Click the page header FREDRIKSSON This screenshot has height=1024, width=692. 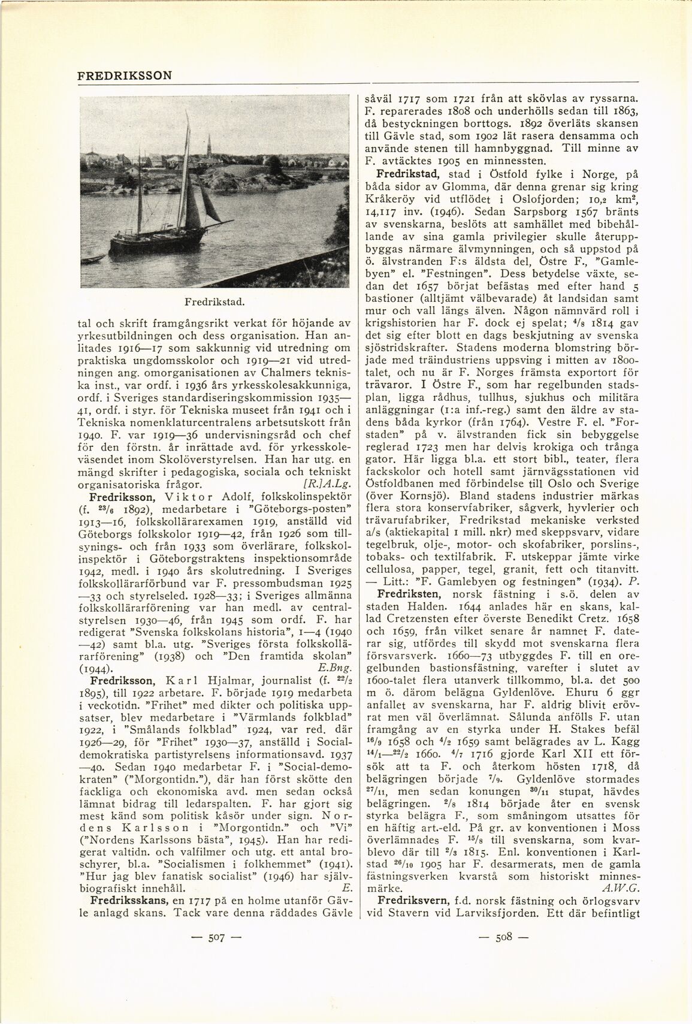point(125,75)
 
